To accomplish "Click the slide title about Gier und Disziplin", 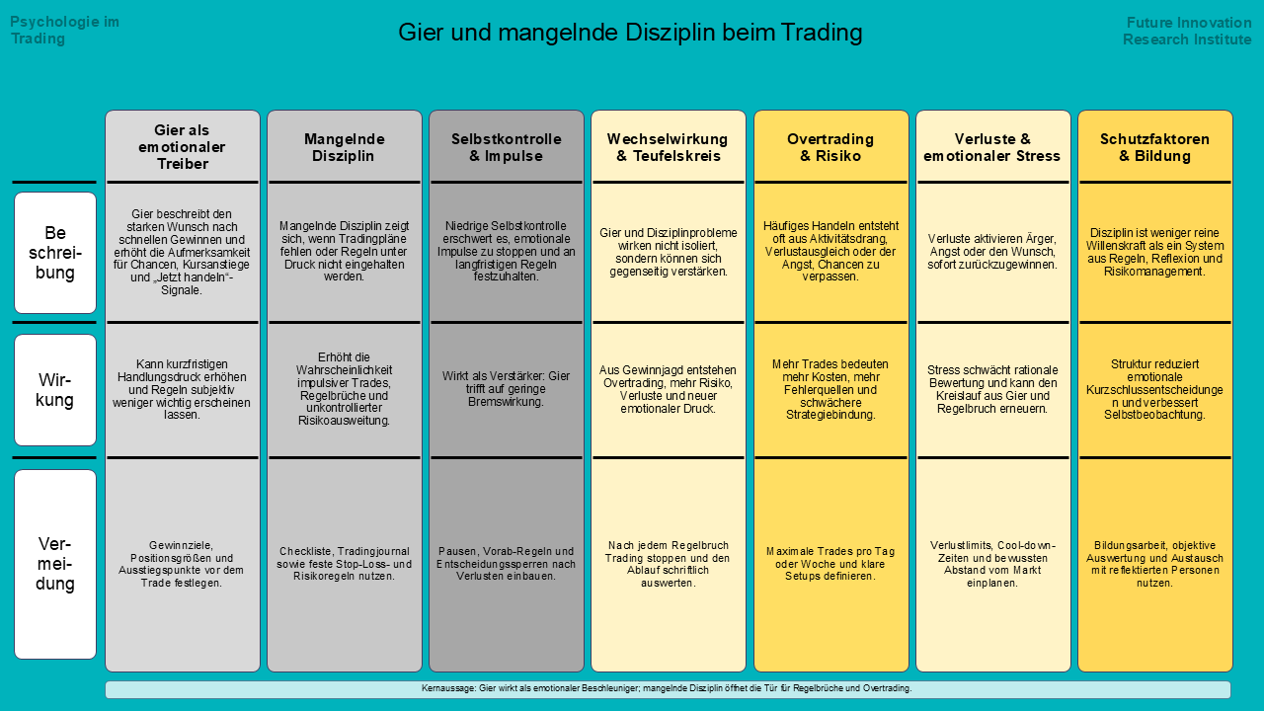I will pos(630,33).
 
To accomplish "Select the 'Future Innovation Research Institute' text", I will pos(1187,31).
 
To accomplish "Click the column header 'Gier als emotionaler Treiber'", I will pos(183,147).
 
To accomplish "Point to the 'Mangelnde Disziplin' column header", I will pos(345,147).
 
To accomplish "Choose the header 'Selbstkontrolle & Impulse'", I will pos(507,147).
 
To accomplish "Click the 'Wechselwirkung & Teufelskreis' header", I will pos(668,147).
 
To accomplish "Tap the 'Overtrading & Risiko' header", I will pos(830,147).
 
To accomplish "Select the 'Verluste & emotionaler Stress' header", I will pos(992,147).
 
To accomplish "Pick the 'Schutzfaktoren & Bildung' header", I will pos(1154,147).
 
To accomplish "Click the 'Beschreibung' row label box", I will pos(55,253).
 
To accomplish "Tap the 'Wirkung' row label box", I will pos(55,390).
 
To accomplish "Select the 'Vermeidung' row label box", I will pos(55,564).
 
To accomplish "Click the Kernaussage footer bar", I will pos(668,688).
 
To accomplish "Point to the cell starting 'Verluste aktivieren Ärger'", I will pos(992,252).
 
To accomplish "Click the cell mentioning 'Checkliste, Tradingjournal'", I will pos(345,563).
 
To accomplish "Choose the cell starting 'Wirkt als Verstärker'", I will pos(507,389).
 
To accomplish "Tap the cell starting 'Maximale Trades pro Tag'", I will pos(830,563).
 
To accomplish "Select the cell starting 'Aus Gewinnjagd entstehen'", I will pos(668,389).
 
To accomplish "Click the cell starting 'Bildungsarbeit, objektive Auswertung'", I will pos(1154,563).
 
